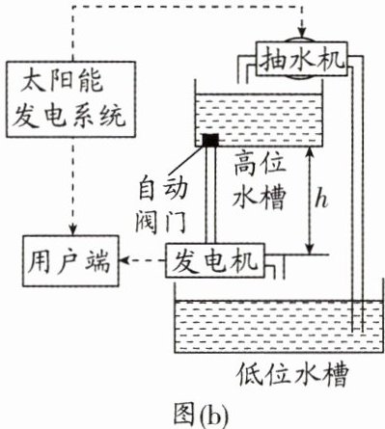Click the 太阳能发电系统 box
70,99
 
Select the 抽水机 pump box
301,59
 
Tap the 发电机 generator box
214,260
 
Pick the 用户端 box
70,260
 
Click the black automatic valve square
210,140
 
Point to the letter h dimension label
320,201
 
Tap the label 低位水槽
292,375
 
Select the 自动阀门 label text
161,205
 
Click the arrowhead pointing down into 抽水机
301,33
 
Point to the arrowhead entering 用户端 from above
73,230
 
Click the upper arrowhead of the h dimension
310,152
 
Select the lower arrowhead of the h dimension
310,249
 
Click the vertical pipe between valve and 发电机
210,195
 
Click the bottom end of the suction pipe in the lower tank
357,332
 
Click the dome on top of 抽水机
301,39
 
